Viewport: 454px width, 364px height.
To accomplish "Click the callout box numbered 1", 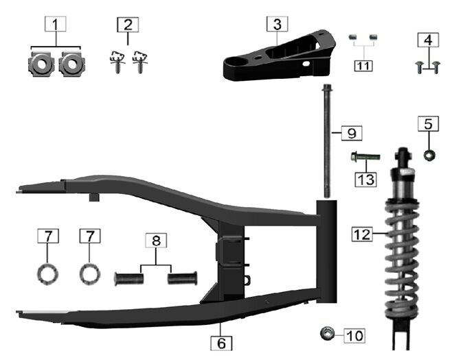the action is click(56, 24).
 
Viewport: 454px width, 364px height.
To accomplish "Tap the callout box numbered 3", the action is click(277, 24).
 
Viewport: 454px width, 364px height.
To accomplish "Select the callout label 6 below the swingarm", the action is click(221, 343).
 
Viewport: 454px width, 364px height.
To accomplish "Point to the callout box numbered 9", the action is click(352, 133).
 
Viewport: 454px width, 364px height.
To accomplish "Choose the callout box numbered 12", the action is click(362, 234).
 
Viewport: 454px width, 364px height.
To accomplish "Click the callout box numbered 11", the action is click(363, 66).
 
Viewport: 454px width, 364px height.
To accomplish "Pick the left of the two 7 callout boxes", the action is click(48, 236).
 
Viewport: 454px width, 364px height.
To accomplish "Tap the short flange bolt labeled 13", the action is click(365, 158).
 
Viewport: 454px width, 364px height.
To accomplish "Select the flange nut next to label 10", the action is click(327, 334).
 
